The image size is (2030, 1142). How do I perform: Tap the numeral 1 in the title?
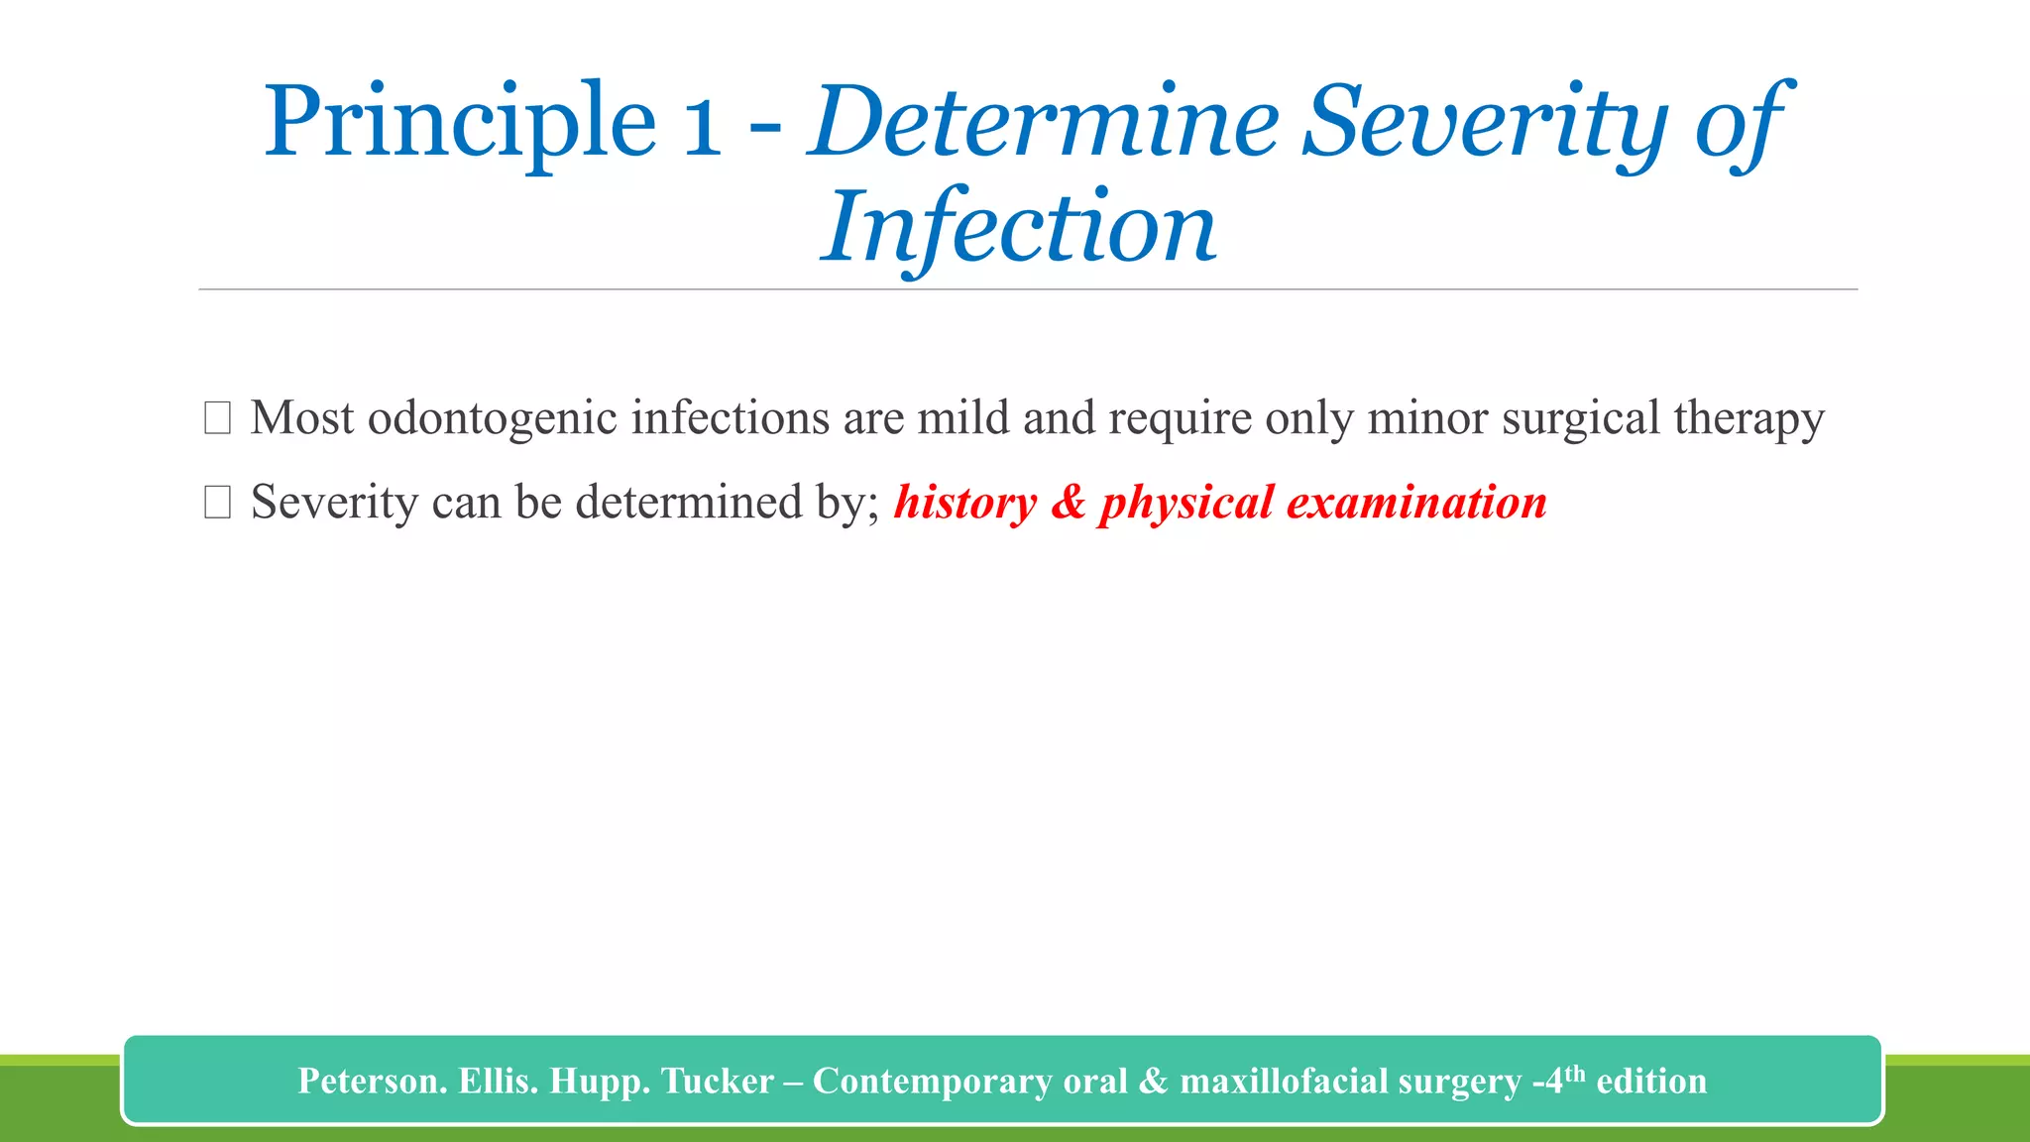[702, 123]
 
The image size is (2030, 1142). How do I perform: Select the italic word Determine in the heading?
[1045, 123]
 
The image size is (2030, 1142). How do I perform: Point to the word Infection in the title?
[1018, 228]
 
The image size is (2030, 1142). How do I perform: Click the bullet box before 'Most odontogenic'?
[217, 418]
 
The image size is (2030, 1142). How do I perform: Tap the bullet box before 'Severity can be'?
[217, 503]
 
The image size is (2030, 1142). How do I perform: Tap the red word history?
[964, 503]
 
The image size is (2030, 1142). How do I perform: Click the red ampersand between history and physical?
[1069, 503]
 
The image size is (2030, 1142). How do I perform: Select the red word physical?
[1185, 503]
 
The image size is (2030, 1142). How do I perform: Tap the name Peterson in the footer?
[371, 1081]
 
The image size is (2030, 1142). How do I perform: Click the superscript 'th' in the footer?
[1574, 1073]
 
